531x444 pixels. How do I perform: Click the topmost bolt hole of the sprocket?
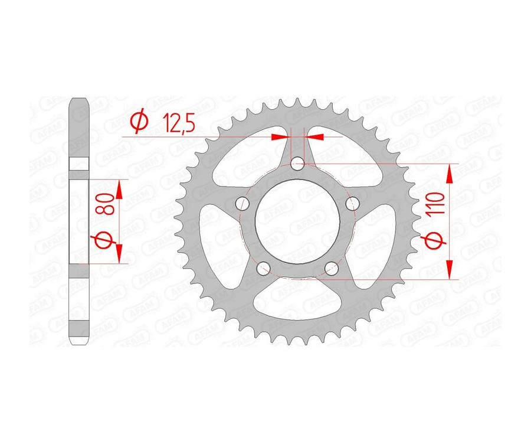[x=299, y=163]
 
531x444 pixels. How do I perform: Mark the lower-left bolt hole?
[x=263, y=270]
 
